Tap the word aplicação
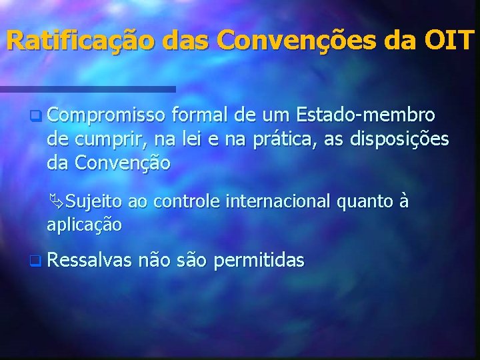[84, 225]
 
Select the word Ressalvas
[89, 261]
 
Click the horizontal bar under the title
[87, 89]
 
